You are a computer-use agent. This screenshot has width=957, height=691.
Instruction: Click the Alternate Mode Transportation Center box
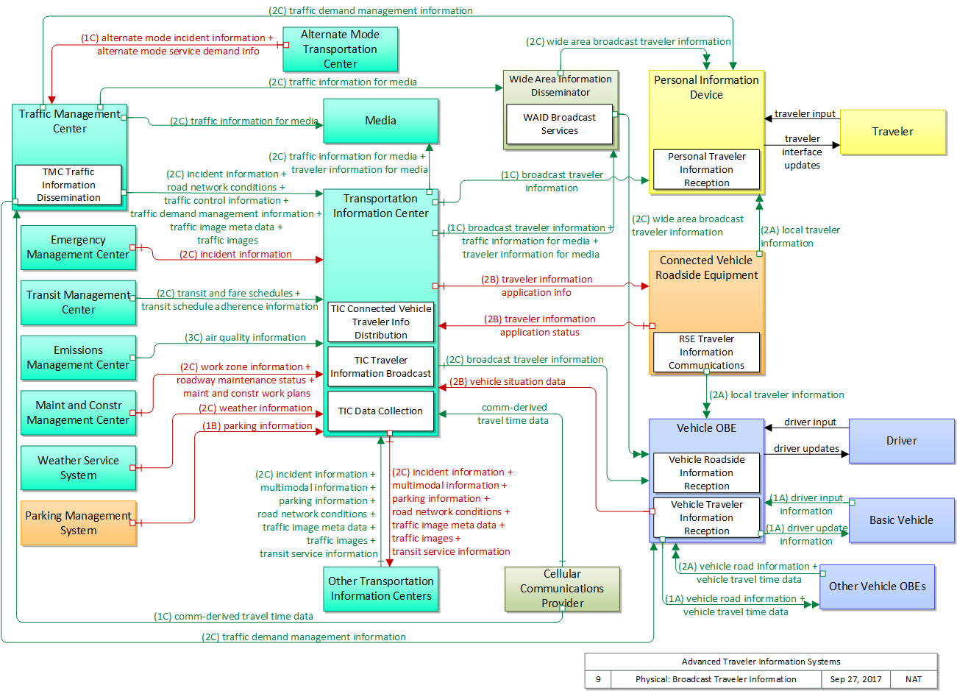pyautogui.click(x=340, y=49)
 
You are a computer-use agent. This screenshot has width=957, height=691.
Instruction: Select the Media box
pyautogui.click(x=380, y=121)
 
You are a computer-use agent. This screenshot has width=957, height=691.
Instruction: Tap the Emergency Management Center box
pyautogui.click(x=78, y=247)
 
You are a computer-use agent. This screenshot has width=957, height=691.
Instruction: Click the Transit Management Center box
pyautogui.click(x=78, y=302)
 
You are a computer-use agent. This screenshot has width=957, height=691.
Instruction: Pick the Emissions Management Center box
pyautogui.click(x=78, y=358)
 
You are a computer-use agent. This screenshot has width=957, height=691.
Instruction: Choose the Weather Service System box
pyautogui.click(x=78, y=468)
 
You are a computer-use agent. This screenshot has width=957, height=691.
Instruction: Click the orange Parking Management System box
pyautogui.click(x=78, y=523)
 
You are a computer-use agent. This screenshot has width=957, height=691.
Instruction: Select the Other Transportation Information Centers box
pyautogui.click(x=380, y=589)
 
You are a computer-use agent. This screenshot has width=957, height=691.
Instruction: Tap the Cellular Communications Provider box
pyautogui.click(x=562, y=589)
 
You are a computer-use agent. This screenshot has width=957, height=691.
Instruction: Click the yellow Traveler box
pyautogui.click(x=892, y=132)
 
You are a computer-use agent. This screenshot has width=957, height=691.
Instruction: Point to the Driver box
pyautogui.click(x=901, y=441)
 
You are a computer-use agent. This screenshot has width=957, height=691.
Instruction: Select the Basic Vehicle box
pyautogui.click(x=901, y=520)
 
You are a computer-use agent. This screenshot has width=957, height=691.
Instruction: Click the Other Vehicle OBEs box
pyautogui.click(x=877, y=587)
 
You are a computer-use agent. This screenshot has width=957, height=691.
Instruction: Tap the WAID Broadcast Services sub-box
pyautogui.click(x=559, y=124)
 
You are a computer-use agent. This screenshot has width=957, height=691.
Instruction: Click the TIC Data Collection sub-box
pyautogui.click(x=380, y=411)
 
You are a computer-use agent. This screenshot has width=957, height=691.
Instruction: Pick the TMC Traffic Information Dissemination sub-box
pyautogui.click(x=68, y=185)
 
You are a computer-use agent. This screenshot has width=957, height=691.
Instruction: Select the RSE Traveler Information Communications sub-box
pyautogui.click(x=706, y=352)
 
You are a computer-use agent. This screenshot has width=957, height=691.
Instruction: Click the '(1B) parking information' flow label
pyautogui.click(x=257, y=426)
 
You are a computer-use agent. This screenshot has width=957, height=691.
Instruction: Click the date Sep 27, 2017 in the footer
pyautogui.click(x=855, y=679)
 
